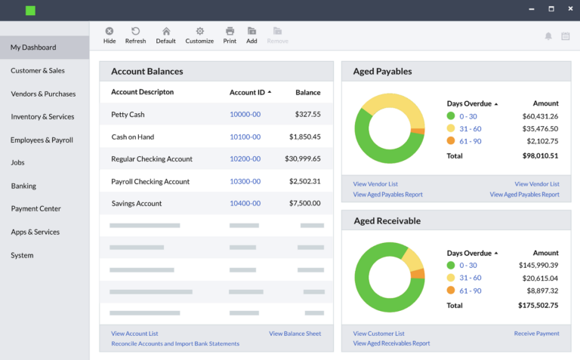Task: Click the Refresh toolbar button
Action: point(135,35)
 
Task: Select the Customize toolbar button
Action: point(199,35)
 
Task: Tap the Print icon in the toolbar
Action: point(230,35)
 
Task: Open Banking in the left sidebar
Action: point(23,186)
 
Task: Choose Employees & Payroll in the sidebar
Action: point(42,140)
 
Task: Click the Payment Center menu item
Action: point(35,208)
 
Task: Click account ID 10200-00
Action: point(245,159)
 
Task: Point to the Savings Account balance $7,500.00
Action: point(304,204)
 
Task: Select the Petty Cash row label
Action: point(128,115)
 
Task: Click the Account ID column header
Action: point(248,92)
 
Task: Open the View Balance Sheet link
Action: point(295,334)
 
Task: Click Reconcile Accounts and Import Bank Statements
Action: point(175,343)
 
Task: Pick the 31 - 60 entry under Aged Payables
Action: point(470,128)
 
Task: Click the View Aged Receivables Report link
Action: point(391,343)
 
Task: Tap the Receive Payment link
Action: point(536,334)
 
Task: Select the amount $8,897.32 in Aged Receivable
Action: point(539,291)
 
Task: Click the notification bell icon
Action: point(548,35)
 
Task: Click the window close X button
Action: point(568,9)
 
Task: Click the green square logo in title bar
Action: point(30,11)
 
